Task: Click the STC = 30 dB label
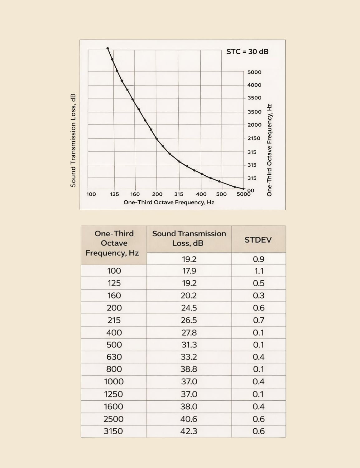click(x=247, y=52)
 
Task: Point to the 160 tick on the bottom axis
click(x=135, y=194)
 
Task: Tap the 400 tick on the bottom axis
click(x=201, y=194)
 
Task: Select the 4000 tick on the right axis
click(x=254, y=85)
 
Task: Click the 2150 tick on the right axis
click(x=254, y=138)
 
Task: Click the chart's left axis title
click(x=73, y=140)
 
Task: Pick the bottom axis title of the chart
click(x=169, y=202)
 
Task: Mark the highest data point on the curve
click(x=108, y=48)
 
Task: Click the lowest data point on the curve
click(x=243, y=189)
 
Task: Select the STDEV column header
click(x=258, y=240)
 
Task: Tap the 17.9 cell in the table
click(x=189, y=271)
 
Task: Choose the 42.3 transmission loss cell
click(x=189, y=431)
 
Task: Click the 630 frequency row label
click(x=114, y=357)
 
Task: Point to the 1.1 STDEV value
click(x=259, y=271)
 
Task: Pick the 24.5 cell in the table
click(x=189, y=308)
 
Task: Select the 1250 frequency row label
click(x=113, y=394)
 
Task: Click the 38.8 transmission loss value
click(x=189, y=369)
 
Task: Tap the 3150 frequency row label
click(x=113, y=431)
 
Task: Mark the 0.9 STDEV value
click(x=259, y=259)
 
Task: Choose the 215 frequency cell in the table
click(x=114, y=320)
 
